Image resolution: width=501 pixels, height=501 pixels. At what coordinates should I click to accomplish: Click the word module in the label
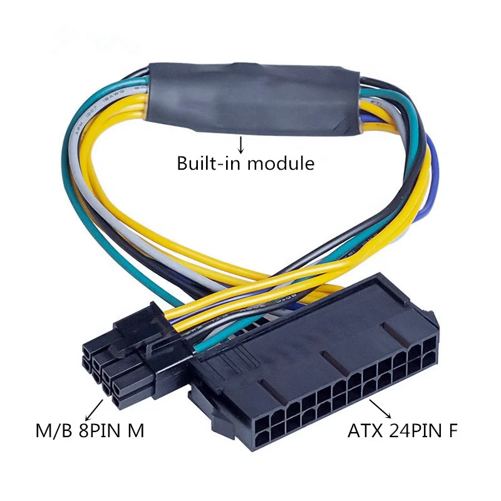pos(282,164)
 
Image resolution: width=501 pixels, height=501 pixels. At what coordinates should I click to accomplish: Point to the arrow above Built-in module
pos(240,145)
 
